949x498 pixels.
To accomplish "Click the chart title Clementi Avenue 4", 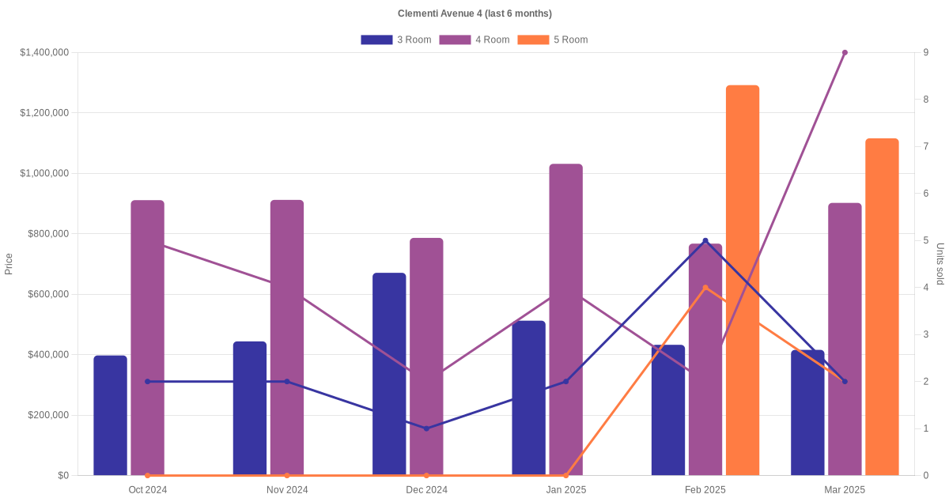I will pyautogui.click(x=475, y=13).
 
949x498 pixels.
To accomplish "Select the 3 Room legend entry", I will pyautogui.click(x=395, y=40).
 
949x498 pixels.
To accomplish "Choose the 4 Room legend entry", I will pyautogui.click(x=474, y=40).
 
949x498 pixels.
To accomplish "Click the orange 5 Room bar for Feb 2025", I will pyautogui.click(x=743, y=281).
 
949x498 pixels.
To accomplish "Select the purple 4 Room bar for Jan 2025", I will pyautogui.click(x=565, y=320).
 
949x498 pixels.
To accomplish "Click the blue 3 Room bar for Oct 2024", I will pyautogui.click(x=110, y=415).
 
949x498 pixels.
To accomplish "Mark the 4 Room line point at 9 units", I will pyautogui.click(x=845, y=53).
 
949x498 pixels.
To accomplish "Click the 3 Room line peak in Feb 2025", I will pyautogui.click(x=705, y=240).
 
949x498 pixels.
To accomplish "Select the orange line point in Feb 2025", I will pyautogui.click(x=705, y=288).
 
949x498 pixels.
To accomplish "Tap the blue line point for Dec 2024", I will pyautogui.click(x=426, y=428).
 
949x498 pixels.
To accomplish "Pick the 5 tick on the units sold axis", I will pyautogui.click(x=925, y=240).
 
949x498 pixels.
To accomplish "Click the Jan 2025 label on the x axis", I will pyautogui.click(x=565, y=490).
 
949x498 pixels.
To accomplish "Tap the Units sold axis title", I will pyautogui.click(x=940, y=264).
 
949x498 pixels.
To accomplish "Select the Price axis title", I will pyautogui.click(x=9, y=264).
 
